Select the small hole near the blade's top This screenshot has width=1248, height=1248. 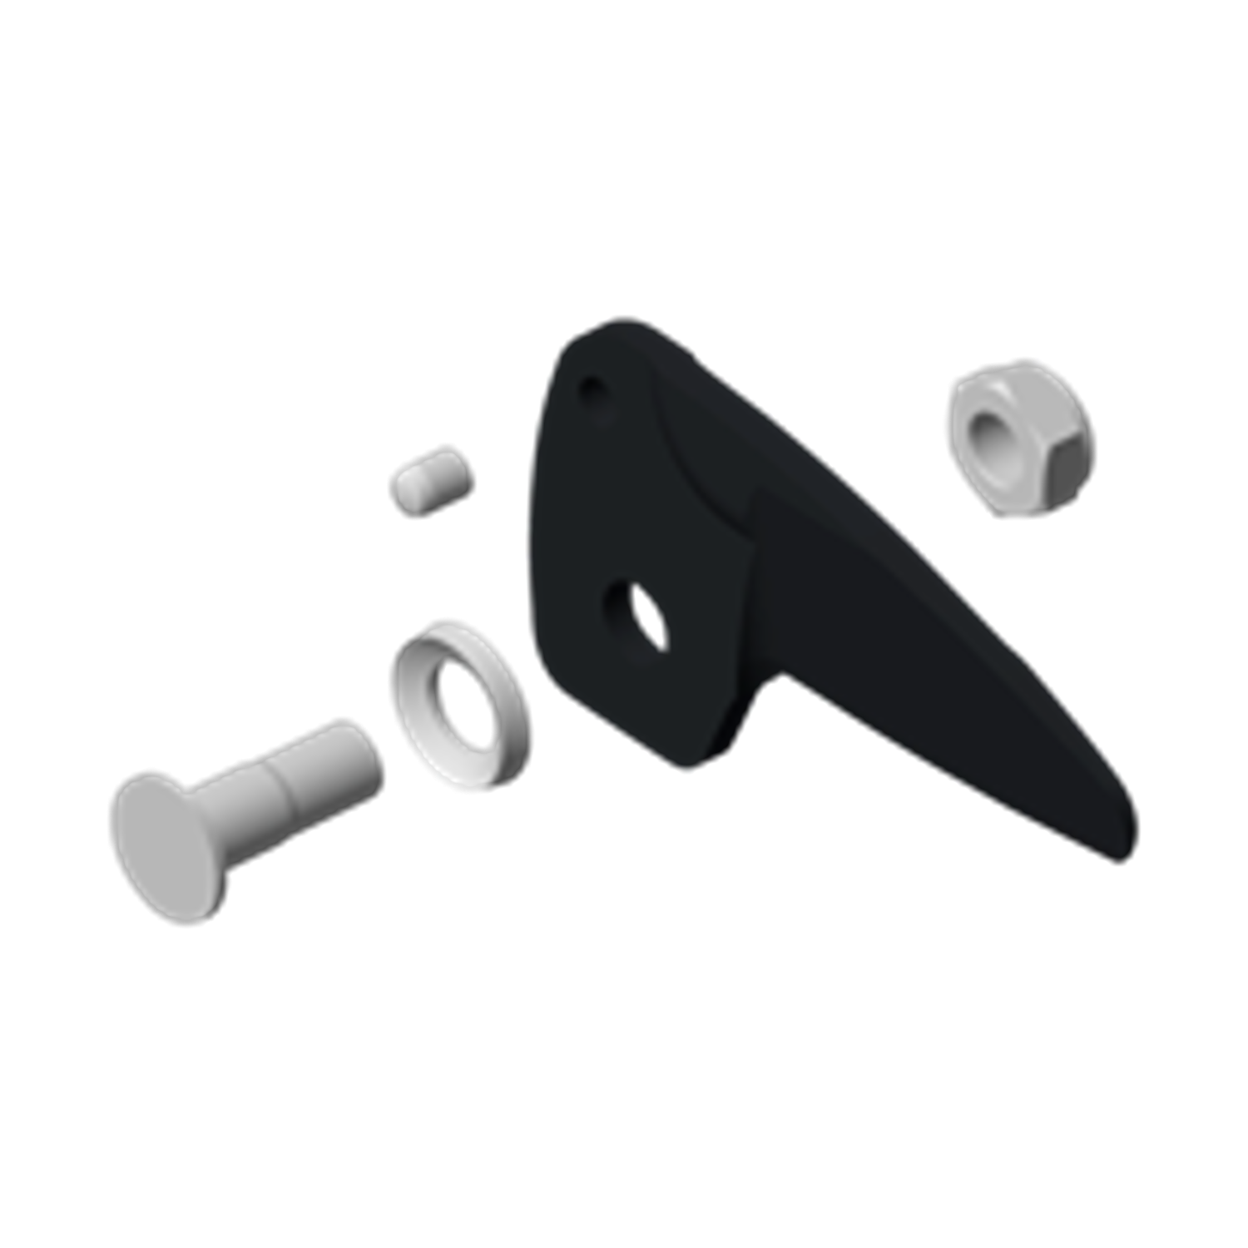[592, 388]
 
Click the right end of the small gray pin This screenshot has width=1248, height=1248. [468, 470]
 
